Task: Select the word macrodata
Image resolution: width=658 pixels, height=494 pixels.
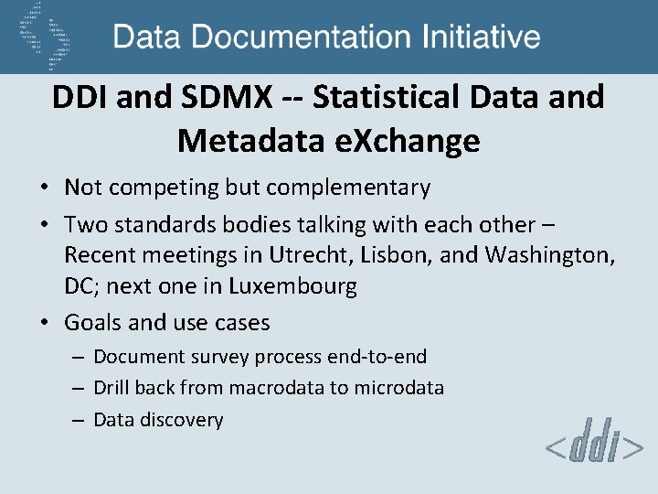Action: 277,388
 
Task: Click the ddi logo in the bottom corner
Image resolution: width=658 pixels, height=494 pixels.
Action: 593,447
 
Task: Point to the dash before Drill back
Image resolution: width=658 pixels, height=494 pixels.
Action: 78,388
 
